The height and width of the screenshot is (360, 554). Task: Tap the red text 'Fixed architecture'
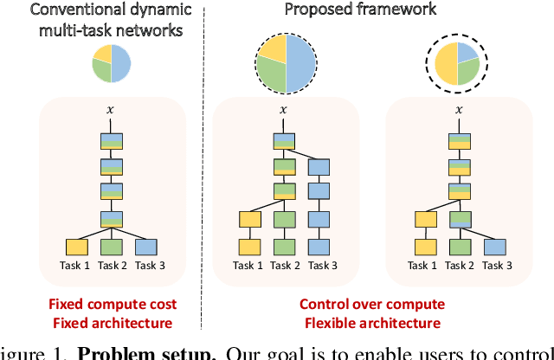[110, 323]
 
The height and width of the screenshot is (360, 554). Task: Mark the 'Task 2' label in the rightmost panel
[458, 266]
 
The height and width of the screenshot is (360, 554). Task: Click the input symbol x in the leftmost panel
[110, 110]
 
